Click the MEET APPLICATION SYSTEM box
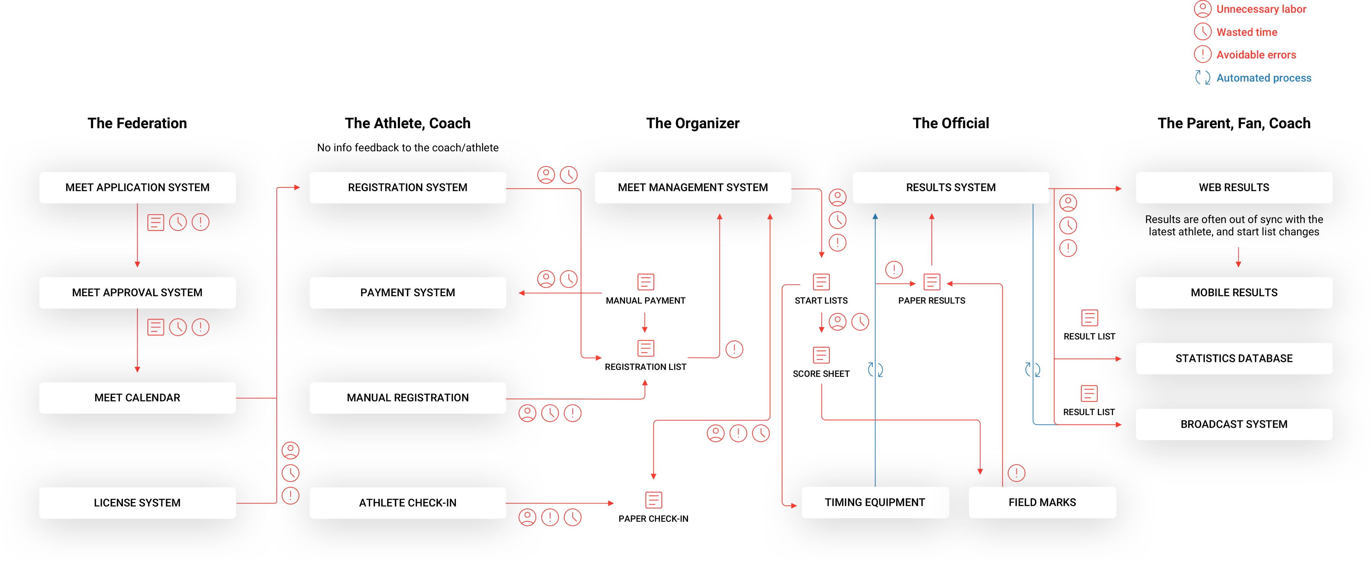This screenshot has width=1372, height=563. tap(137, 187)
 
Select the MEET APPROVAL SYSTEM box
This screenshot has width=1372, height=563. tap(137, 293)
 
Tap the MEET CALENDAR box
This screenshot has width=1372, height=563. tap(137, 398)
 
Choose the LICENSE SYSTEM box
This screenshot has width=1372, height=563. tap(137, 503)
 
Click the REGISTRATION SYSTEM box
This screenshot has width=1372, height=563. tap(407, 187)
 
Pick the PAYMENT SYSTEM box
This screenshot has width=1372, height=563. tap(407, 293)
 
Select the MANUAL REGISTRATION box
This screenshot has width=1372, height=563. tap(407, 398)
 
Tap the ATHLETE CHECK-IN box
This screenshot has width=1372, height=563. tap(407, 503)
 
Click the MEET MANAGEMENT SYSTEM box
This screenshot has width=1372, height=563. tap(692, 187)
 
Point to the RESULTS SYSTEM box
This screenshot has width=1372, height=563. tap(951, 187)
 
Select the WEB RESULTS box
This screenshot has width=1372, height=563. tap(1234, 187)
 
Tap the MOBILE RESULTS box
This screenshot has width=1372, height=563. tap(1234, 293)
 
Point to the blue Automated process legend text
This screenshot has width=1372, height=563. tap(1264, 78)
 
